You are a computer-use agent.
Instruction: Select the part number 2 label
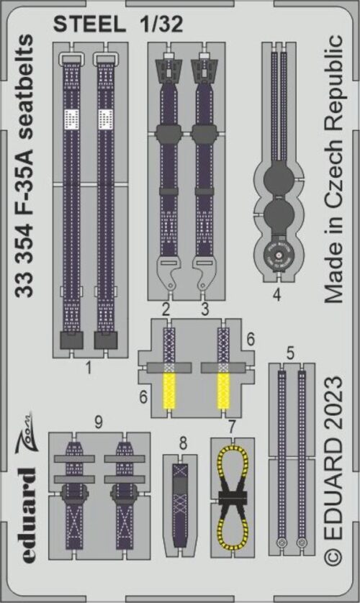(166, 310)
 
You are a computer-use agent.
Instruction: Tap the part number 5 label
(289, 353)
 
